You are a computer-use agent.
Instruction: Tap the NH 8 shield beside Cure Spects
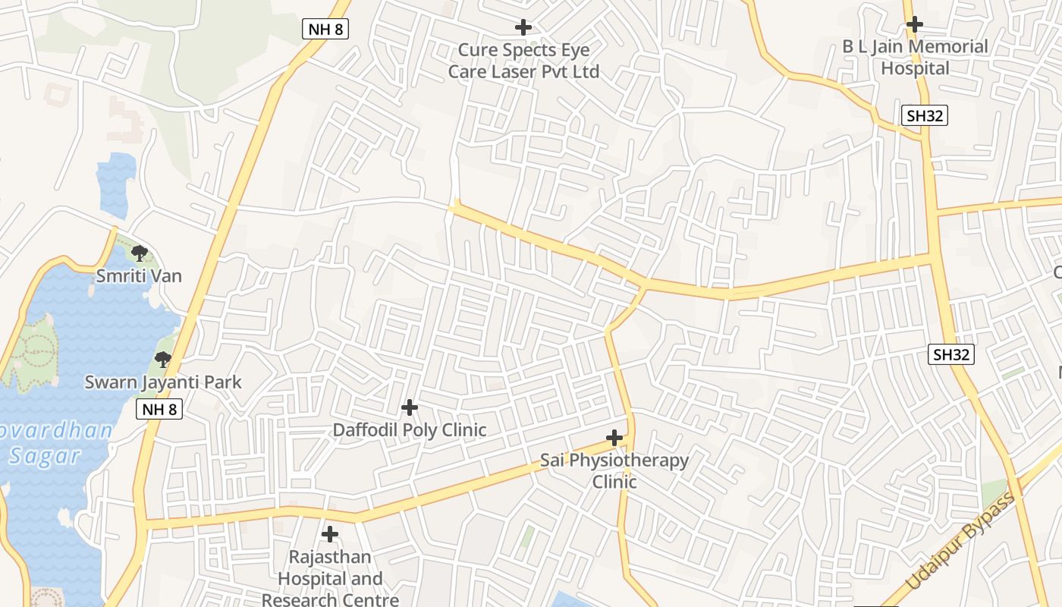(325, 30)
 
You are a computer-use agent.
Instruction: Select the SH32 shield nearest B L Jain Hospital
(925, 115)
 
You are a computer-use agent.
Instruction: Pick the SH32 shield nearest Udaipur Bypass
(950, 354)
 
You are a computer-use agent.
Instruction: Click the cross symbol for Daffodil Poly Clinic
(410, 408)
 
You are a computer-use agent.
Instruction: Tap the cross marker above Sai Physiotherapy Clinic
(614, 439)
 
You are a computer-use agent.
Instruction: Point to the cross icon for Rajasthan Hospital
(330, 534)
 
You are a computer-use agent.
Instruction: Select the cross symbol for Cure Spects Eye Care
(523, 28)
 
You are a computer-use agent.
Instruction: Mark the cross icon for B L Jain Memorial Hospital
(915, 24)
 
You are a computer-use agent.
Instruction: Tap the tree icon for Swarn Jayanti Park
(162, 359)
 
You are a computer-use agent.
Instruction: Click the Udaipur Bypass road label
(960, 541)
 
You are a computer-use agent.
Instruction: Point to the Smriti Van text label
(139, 275)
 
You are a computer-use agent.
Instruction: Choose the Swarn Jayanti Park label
(163, 382)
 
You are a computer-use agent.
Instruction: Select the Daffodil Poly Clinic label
(410, 430)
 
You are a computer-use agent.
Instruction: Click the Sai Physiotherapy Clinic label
(614, 471)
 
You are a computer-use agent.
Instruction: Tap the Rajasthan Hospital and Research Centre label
(330, 579)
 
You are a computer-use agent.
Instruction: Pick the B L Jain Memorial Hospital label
(915, 58)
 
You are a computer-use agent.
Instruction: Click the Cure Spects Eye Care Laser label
(523, 61)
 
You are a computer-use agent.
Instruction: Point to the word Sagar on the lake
(45, 456)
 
